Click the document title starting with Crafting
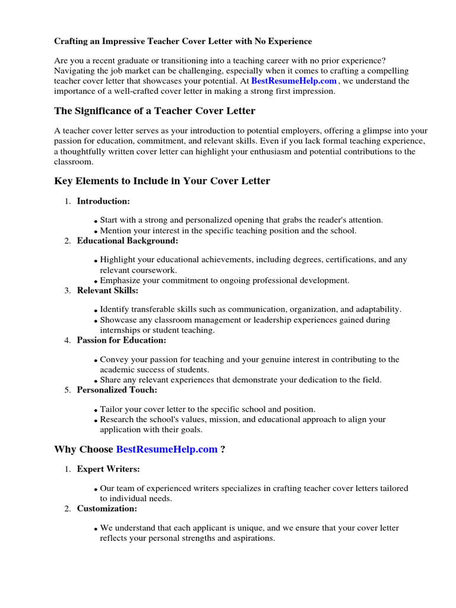[183, 42]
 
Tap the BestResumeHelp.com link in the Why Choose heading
[167, 449]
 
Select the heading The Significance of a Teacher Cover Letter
[155, 111]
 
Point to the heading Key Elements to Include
[162, 181]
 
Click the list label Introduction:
[103, 201]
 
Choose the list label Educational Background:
[127, 240]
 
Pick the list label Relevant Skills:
[107, 290]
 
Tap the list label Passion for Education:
[122, 340]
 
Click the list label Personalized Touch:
[117, 389]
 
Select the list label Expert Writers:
[108, 469]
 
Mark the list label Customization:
[107, 509]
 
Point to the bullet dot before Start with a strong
[96, 221]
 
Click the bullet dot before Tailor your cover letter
[96, 411]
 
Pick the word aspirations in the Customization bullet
[253, 539]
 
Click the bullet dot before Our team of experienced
[96, 490]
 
